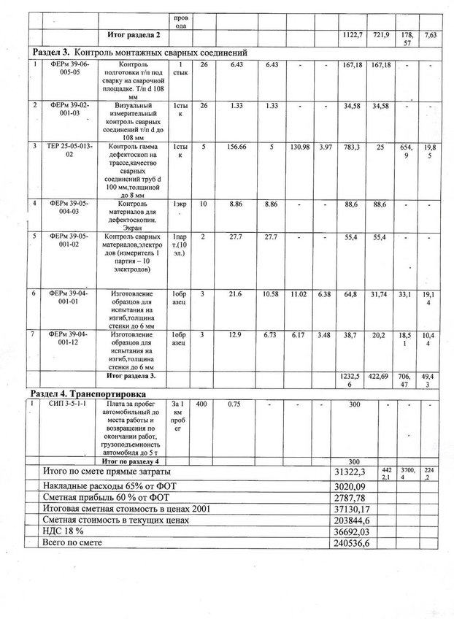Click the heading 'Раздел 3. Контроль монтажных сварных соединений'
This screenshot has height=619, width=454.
pos(139,53)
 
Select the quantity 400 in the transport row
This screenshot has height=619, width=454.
pos(201,404)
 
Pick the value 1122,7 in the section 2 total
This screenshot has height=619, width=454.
pos(353,35)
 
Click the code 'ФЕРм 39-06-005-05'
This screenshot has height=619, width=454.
pos(70,69)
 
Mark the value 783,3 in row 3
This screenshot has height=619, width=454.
pos(352,147)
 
